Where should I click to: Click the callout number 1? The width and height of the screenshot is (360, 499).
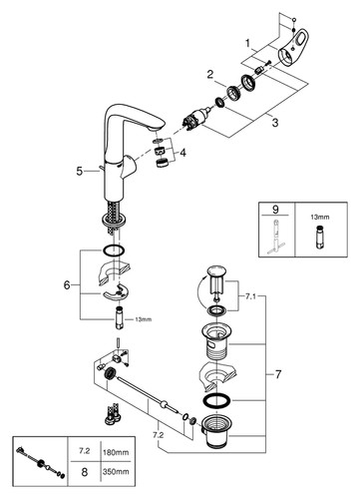[247, 43]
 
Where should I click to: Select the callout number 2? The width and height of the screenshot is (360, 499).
[210, 74]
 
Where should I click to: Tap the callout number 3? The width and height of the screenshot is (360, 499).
[275, 123]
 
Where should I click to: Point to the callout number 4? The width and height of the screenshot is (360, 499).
[182, 153]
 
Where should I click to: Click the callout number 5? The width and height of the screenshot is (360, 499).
[79, 171]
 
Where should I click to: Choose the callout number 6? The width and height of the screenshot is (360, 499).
[67, 285]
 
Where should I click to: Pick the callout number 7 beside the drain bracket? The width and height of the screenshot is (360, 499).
[278, 374]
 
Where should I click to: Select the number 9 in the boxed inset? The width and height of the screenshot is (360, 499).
[275, 210]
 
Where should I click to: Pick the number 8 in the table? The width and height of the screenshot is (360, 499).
[85, 471]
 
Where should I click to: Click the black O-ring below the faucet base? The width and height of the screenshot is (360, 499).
[114, 250]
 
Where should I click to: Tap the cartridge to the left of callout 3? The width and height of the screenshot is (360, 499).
[195, 119]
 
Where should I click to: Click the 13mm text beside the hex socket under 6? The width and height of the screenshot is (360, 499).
[143, 319]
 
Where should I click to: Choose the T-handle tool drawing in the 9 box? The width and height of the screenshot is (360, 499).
[274, 237]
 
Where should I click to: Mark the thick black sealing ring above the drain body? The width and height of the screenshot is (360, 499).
[215, 400]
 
